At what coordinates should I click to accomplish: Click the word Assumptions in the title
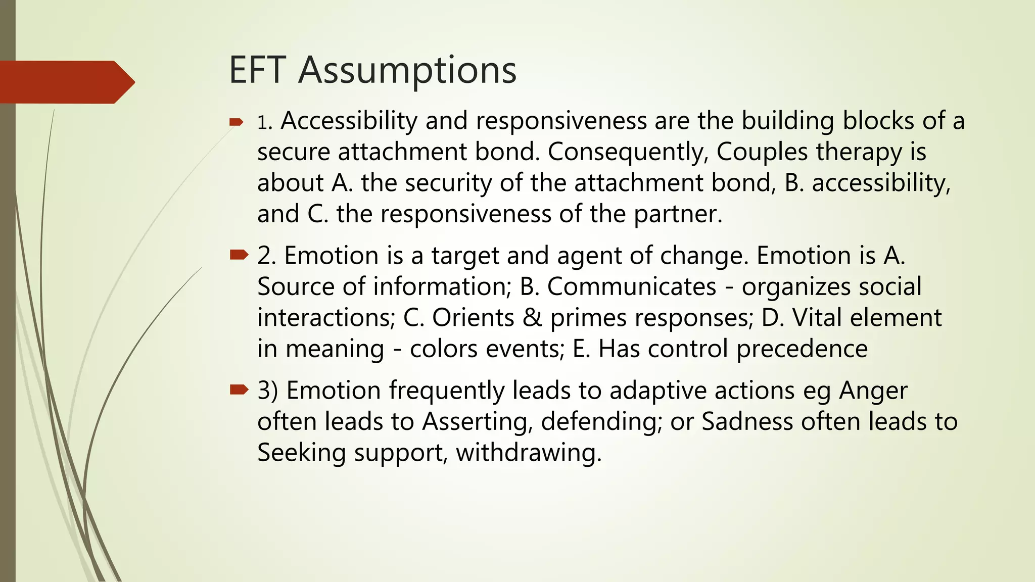point(407,71)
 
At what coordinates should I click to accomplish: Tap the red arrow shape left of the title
point(66,82)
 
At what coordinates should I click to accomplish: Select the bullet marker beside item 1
point(237,122)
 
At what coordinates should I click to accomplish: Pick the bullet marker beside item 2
point(239,255)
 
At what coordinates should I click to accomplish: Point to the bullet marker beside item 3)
point(239,390)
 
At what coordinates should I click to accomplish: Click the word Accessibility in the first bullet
point(348,121)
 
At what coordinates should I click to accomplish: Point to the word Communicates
point(632,286)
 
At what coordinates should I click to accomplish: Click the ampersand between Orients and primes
point(532,318)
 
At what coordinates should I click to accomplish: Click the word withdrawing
point(529,453)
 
